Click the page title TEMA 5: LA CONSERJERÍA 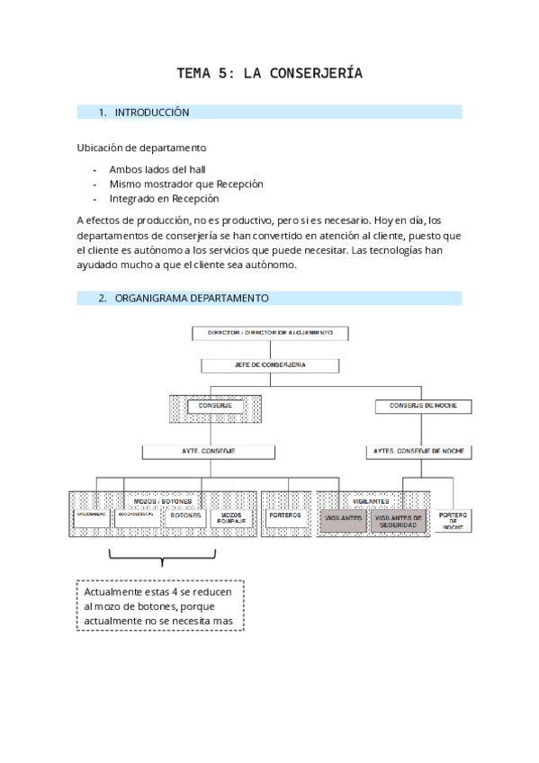click(x=269, y=74)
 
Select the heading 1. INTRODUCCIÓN click(x=150, y=112)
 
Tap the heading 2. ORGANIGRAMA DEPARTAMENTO click(x=191, y=298)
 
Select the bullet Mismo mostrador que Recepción click(x=185, y=184)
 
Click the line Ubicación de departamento click(x=141, y=148)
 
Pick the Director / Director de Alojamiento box click(x=269, y=333)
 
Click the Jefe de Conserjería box click(x=269, y=365)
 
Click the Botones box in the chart click(x=185, y=517)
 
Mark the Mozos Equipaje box click(x=231, y=519)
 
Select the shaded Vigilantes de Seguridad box click(x=398, y=520)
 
